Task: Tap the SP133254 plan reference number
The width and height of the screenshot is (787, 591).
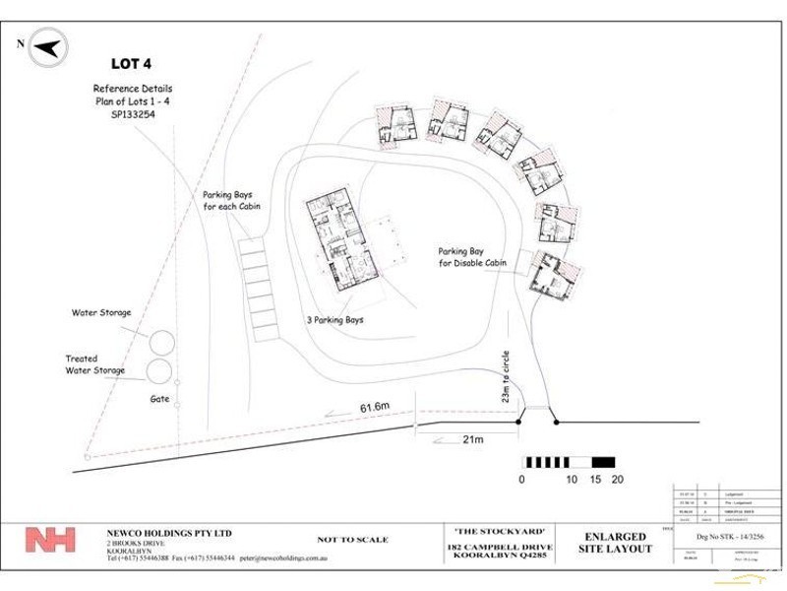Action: [123, 114]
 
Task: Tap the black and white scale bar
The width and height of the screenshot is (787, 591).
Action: [570, 461]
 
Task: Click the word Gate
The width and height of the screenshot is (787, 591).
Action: [161, 400]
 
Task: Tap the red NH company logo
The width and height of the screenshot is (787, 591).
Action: [50, 541]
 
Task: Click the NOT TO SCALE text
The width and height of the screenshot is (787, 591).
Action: [353, 540]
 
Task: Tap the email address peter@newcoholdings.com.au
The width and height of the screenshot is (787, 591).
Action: [285, 558]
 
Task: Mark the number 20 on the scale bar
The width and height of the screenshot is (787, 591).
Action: [619, 480]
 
